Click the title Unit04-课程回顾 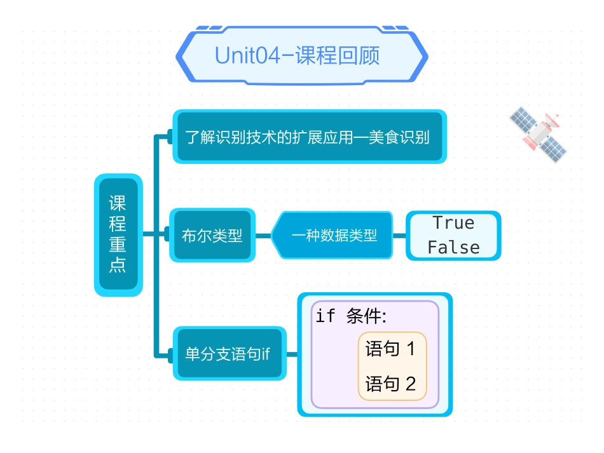298,55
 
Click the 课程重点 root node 118,234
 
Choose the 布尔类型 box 212,235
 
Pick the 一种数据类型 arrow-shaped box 333,235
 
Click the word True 453,223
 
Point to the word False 453,247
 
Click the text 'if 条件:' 351,316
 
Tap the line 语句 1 390,348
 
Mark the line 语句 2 390,384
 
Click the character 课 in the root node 118,204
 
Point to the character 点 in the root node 118,265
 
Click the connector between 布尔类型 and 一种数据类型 263,235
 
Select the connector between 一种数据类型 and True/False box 399,235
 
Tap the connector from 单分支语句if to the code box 292,354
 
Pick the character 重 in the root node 118,245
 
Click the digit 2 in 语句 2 410,384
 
